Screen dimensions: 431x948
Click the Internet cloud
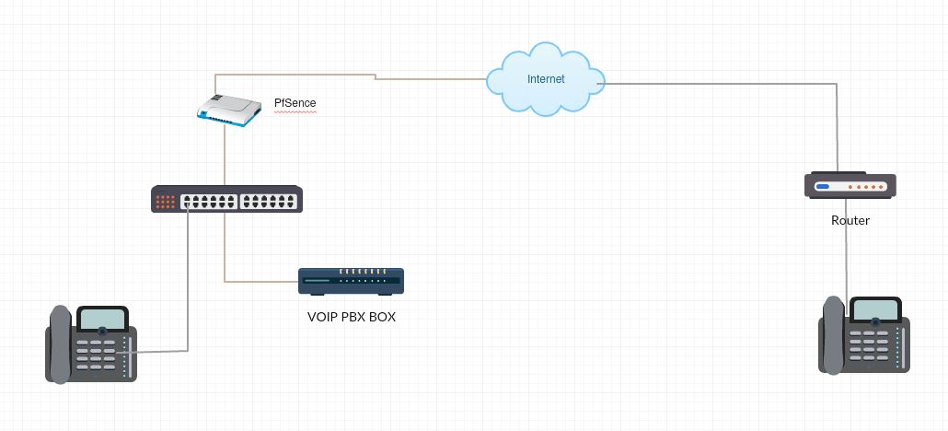pyautogui.click(x=546, y=80)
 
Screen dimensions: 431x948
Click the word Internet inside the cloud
pyautogui.click(x=546, y=79)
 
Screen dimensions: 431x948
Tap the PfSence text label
pyautogui.click(x=295, y=103)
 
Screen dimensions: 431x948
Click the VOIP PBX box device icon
pyautogui.click(x=351, y=281)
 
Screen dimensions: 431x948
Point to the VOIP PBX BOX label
pyautogui.click(x=351, y=316)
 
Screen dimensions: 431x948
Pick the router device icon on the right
pyautogui.click(x=850, y=186)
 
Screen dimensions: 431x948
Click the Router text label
pyautogui.click(x=850, y=221)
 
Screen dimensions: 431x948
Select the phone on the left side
pyautogui.click(x=91, y=344)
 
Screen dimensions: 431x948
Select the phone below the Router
pyautogui.click(x=864, y=335)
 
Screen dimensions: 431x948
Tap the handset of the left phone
pyautogui.click(x=59, y=344)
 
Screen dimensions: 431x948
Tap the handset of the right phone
pyautogui.click(x=833, y=335)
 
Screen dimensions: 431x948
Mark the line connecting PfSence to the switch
pyautogui.click(x=225, y=157)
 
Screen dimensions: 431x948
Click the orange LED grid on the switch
pyautogui.click(x=166, y=200)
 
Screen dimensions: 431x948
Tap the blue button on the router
pyautogui.click(x=822, y=187)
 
